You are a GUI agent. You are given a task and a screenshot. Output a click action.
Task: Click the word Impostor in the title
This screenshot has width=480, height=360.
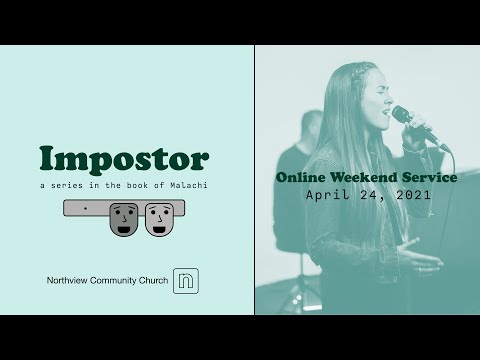[124, 159]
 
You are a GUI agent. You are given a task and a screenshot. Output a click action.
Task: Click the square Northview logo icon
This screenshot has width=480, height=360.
[186, 281]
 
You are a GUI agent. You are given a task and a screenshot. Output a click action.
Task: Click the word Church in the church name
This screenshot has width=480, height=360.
[149, 282]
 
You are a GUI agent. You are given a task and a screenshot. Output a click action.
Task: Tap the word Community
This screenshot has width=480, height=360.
[109, 282]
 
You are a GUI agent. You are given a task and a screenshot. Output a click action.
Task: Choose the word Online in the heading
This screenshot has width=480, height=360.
[300, 177]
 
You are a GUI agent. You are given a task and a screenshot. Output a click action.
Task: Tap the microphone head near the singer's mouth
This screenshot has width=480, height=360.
[401, 114]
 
